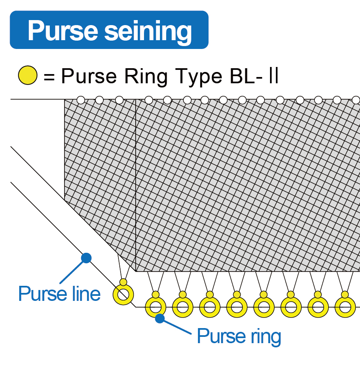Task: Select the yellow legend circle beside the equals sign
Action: coord(28,76)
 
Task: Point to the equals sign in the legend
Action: coord(49,77)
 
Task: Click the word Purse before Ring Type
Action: coord(89,77)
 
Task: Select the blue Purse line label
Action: coord(59,294)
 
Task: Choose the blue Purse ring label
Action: coord(239,336)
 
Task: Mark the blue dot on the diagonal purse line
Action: coord(86,258)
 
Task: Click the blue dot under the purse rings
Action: coord(159,319)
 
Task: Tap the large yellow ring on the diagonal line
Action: coord(123,295)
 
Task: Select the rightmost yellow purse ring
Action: coord(345,308)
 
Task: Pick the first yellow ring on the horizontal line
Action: coord(155,308)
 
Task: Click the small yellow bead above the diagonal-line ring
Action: coord(123,282)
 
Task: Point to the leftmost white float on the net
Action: coord(81,100)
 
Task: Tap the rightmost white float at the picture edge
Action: coord(356,100)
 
